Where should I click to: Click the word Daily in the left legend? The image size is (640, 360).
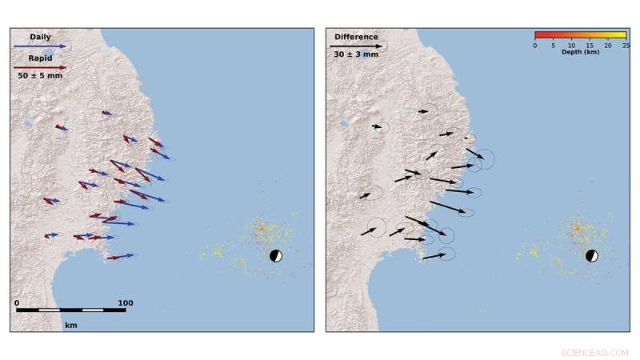click(x=40, y=37)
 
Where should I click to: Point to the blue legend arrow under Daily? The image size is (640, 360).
click(x=40, y=46)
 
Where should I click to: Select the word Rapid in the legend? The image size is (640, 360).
click(x=40, y=58)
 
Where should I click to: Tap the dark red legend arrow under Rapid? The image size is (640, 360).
click(x=40, y=67)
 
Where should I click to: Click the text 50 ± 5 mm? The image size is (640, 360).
click(x=39, y=76)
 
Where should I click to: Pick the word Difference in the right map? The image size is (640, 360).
click(x=356, y=37)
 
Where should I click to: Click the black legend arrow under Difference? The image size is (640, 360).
click(x=356, y=46)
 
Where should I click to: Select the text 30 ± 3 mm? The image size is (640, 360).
click(x=356, y=54)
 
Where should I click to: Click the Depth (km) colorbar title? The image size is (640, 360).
click(x=580, y=52)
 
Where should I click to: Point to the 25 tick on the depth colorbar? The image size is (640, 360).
click(x=626, y=46)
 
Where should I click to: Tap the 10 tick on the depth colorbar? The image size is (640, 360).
click(x=571, y=46)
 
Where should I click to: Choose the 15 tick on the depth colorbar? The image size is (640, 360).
click(x=590, y=46)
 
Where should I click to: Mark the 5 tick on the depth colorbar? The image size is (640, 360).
click(x=553, y=46)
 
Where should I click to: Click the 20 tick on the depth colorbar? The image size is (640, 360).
click(x=608, y=46)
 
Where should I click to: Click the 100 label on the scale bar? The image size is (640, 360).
click(x=125, y=303)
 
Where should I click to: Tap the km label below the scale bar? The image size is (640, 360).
click(x=70, y=326)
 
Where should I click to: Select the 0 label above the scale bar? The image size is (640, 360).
click(x=17, y=303)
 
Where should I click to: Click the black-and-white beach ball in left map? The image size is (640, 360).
click(x=276, y=255)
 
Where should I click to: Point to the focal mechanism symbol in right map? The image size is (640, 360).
click(x=592, y=255)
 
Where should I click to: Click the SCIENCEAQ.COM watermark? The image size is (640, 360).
click(x=594, y=352)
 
